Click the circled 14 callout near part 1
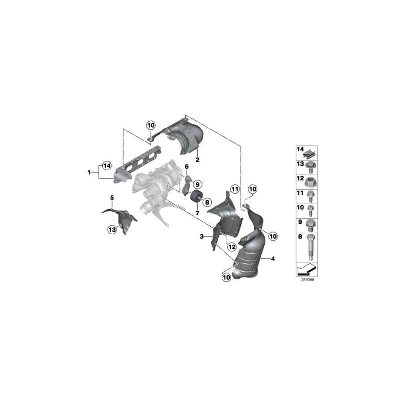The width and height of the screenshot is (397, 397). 106,166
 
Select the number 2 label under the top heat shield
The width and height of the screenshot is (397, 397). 198,160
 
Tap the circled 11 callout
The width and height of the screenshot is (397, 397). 234,190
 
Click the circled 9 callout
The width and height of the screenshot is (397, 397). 196,184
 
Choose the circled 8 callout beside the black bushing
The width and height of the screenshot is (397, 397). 206,201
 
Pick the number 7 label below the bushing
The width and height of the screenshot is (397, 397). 197,213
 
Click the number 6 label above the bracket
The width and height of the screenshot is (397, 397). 187,166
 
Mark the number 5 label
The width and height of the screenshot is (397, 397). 112,198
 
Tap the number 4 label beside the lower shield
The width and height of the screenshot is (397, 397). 273,259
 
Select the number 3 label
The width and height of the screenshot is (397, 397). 202,237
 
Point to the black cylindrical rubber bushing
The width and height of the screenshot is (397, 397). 195,198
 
